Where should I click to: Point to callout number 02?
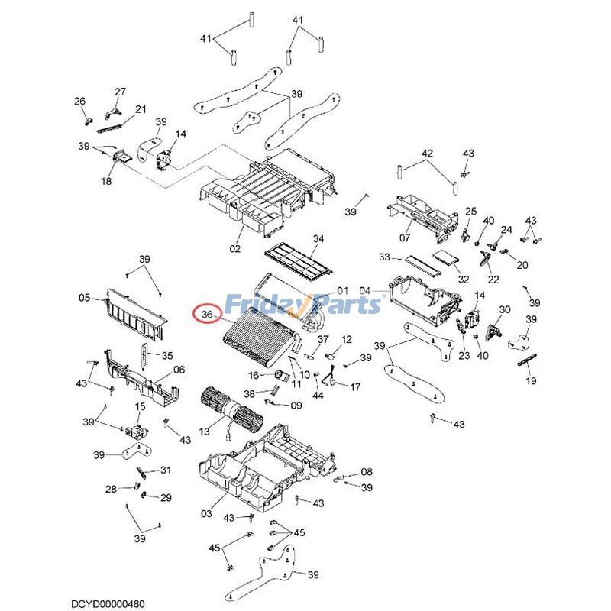pos(234,248)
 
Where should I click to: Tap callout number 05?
pos(85,298)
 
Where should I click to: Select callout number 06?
pos(179,370)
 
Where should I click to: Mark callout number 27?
pos(120,92)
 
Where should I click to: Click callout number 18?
pos(105,181)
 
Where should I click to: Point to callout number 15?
pos(141,406)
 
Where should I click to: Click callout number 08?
pos(367,471)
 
